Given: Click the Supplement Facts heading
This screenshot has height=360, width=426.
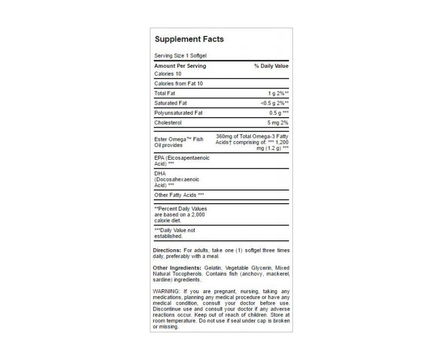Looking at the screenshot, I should [x=189, y=39].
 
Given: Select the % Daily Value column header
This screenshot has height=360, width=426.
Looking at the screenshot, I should [x=271, y=66].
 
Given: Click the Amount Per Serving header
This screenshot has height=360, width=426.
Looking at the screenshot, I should [x=180, y=66].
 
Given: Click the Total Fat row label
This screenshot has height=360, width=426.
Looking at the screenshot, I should [x=165, y=93].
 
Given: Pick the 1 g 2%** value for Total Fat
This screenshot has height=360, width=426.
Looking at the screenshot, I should [x=278, y=93].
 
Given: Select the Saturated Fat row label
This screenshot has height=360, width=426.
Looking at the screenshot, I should [x=171, y=103].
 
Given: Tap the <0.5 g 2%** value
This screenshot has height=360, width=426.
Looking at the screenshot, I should [x=274, y=103].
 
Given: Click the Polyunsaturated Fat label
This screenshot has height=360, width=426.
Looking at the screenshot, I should [x=178, y=113].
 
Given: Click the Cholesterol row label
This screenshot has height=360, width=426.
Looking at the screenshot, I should [x=168, y=123].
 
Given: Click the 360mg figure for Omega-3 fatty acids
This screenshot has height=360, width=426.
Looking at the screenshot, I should [x=226, y=136].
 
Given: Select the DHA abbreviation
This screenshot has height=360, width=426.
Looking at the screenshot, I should [x=160, y=174].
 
